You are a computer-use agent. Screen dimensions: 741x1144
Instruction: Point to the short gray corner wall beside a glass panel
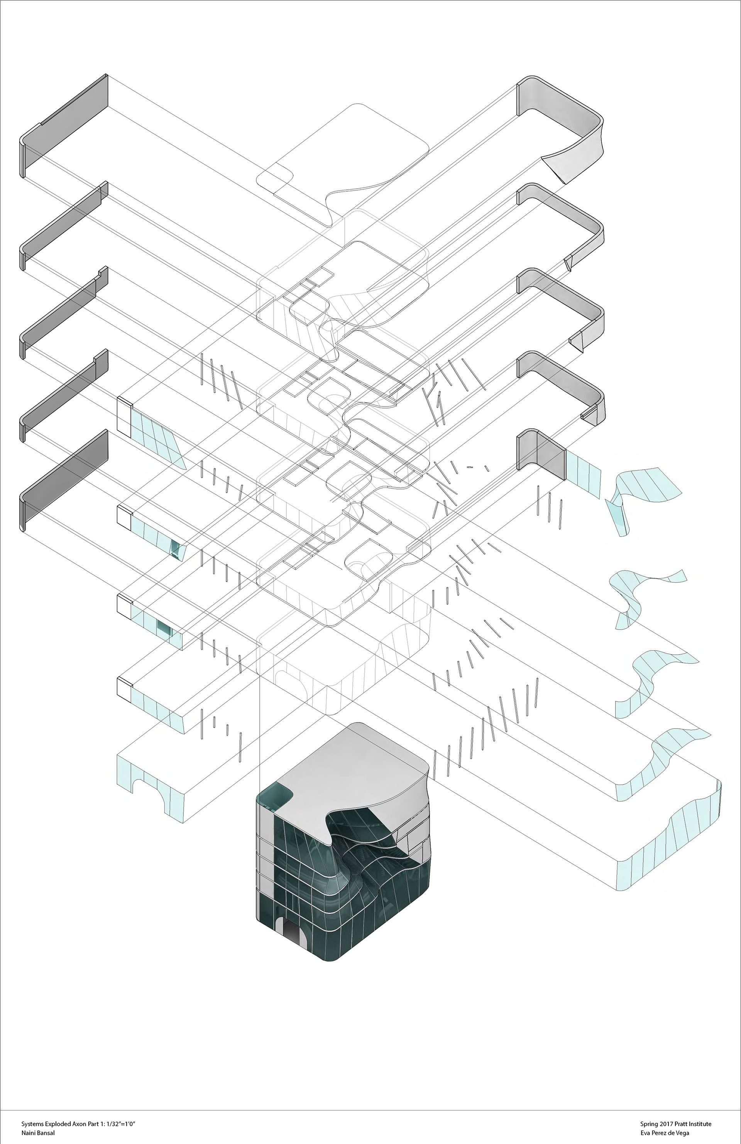(541, 452)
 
